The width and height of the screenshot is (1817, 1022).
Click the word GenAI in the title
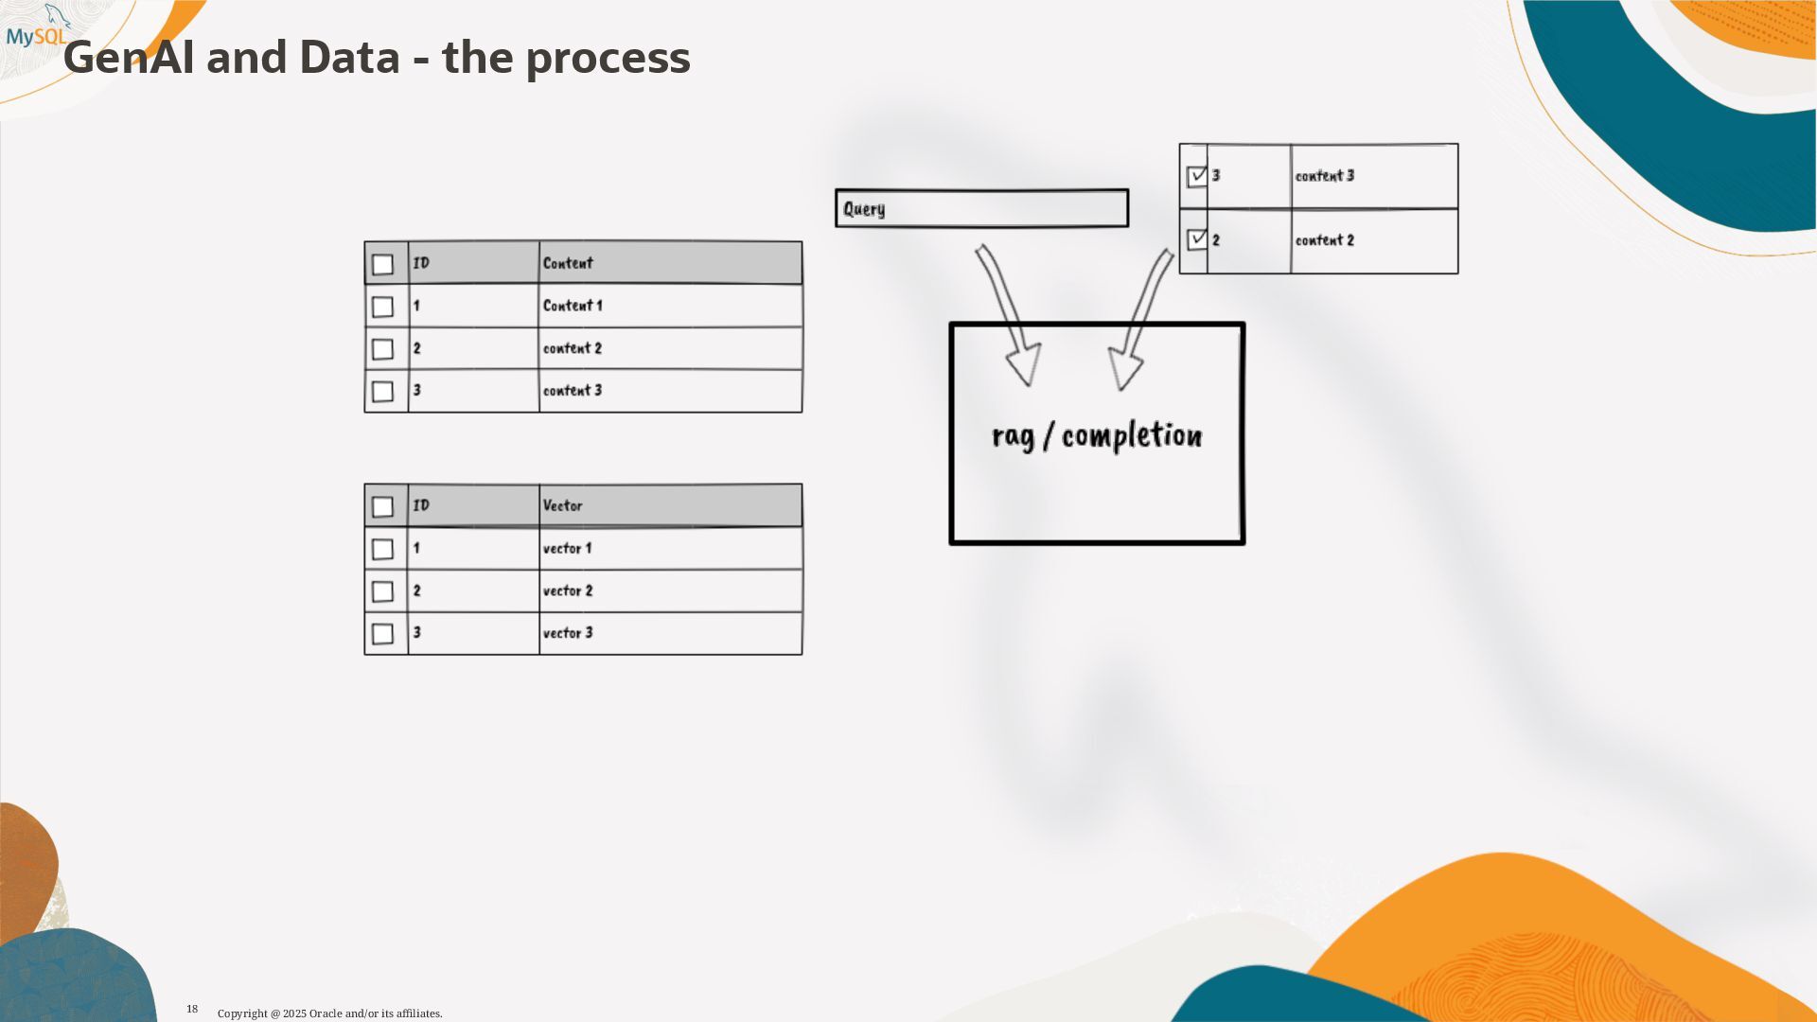(x=127, y=59)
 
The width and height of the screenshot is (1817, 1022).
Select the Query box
(x=981, y=208)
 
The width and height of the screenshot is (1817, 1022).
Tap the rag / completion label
(x=1097, y=436)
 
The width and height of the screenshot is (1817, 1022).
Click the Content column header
(x=568, y=263)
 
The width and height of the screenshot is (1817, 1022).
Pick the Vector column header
(x=562, y=505)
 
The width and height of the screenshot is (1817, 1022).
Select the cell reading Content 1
(x=573, y=306)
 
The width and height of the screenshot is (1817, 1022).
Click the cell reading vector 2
(x=568, y=590)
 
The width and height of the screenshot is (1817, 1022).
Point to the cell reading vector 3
(x=568, y=633)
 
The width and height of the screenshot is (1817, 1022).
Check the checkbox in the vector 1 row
(x=382, y=549)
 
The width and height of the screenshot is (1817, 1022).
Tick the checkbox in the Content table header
(x=382, y=264)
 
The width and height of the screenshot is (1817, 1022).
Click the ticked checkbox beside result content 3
(x=1197, y=176)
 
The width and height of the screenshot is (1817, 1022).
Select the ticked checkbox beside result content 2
(x=1197, y=239)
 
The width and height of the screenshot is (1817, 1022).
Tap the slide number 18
(x=192, y=1009)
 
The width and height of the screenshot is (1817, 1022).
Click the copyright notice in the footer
(x=329, y=1013)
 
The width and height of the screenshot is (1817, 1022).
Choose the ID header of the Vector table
(x=421, y=505)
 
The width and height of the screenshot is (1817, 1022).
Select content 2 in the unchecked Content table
(x=572, y=348)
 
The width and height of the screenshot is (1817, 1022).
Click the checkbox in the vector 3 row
(x=382, y=633)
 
